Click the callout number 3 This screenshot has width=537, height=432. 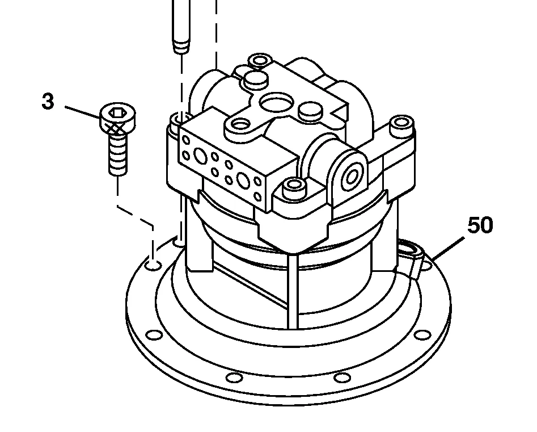(48, 102)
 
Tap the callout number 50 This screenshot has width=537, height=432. (480, 225)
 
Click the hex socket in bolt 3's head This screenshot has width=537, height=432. (116, 112)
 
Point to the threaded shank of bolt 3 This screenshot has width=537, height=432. (118, 154)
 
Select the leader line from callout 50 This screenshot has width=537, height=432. (449, 248)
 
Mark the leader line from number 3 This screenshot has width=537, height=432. (83, 112)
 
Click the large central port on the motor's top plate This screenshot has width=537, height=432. (277, 103)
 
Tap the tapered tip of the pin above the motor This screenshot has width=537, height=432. (181, 47)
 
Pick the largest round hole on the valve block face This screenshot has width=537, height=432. (243, 181)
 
